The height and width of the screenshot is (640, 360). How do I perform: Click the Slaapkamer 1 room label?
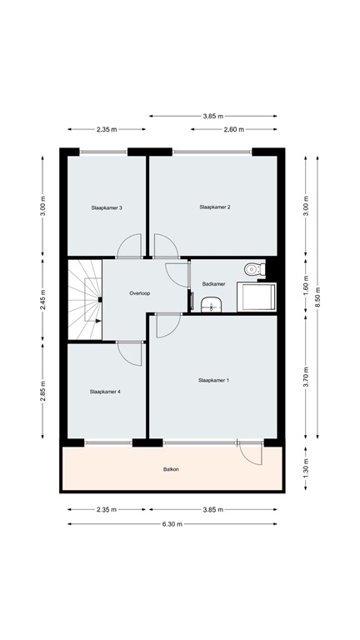pyautogui.click(x=213, y=380)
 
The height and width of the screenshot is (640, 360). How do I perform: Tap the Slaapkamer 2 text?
pyautogui.click(x=214, y=207)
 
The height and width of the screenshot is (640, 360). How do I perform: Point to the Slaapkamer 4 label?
pyautogui.click(x=106, y=391)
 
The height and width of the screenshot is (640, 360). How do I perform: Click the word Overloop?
pyautogui.click(x=140, y=293)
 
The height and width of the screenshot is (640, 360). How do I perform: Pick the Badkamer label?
pyautogui.click(x=214, y=284)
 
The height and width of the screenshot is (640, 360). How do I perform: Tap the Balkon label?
pyautogui.click(x=171, y=470)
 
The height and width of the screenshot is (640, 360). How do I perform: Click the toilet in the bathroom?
pyautogui.click(x=253, y=269)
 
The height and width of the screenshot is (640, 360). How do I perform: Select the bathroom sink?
pyautogui.click(x=213, y=304)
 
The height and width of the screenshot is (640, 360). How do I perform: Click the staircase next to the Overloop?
pyautogui.click(x=84, y=299)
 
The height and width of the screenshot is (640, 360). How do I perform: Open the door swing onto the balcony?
pyautogui.click(x=248, y=453)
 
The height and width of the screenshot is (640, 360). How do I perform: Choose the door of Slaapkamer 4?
pyautogui.click(x=129, y=353)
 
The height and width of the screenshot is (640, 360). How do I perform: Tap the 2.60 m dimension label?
pyautogui.click(x=233, y=129)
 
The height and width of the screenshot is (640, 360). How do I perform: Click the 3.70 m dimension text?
pyautogui.click(x=306, y=379)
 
